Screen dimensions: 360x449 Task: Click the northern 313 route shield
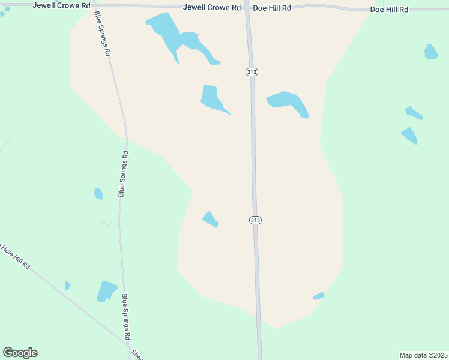click(x=252, y=72)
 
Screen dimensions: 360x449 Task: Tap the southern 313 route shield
click(x=255, y=220)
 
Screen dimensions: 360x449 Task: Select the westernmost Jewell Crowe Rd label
click(x=62, y=5)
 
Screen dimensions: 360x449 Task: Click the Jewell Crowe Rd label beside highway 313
click(x=212, y=8)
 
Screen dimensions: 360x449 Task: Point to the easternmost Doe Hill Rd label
click(x=389, y=10)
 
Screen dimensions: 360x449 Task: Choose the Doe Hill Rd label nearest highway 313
click(x=272, y=8)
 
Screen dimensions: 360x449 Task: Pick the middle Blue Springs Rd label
click(x=123, y=174)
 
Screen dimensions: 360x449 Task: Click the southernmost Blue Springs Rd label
click(x=125, y=317)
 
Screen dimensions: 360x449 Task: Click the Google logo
click(x=20, y=353)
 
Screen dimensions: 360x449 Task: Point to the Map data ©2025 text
click(x=423, y=355)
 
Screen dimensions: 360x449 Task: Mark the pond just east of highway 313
click(x=288, y=102)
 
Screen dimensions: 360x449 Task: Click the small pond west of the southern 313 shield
click(x=210, y=220)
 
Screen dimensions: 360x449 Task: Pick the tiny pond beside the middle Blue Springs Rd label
click(x=98, y=193)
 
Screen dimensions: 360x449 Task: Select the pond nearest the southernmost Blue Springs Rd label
click(x=107, y=291)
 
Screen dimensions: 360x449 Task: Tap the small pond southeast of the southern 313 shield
click(x=318, y=296)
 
